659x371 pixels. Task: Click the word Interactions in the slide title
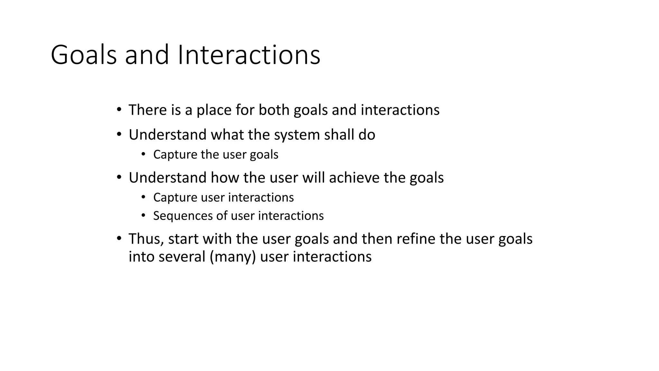(249, 55)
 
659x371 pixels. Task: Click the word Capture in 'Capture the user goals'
(175, 155)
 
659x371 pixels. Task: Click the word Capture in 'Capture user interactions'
(175, 197)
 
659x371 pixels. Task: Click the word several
(182, 257)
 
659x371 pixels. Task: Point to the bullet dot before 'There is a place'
(119, 110)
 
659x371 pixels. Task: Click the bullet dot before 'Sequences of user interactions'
(144, 215)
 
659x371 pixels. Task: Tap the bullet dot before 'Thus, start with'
(119, 239)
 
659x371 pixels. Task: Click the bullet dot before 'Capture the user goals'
(144, 154)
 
